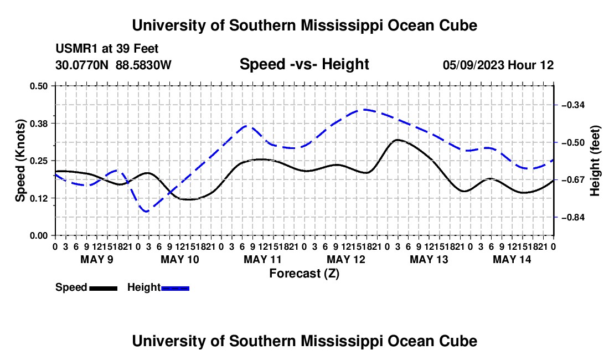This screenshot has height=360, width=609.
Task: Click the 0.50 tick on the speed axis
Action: click(38, 86)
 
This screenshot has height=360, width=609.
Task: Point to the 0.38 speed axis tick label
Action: click(38, 124)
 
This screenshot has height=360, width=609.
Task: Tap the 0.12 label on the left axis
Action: click(38, 198)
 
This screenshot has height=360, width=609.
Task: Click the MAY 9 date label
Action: click(97, 259)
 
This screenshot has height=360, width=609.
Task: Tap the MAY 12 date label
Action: click(346, 259)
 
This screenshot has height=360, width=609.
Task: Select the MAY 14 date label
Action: click(512, 259)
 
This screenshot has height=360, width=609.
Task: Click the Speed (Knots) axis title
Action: click(20, 161)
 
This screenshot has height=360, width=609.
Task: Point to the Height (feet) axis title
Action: click(595, 161)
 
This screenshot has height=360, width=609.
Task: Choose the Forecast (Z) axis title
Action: click(304, 274)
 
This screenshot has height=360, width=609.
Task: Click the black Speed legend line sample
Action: click(104, 288)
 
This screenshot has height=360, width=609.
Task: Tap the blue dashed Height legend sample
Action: click(175, 288)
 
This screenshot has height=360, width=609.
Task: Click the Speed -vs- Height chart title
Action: click(304, 64)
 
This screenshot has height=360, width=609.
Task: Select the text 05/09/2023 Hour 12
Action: click(498, 65)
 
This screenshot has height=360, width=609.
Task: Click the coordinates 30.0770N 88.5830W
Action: click(113, 65)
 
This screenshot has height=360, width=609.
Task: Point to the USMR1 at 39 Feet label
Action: click(107, 49)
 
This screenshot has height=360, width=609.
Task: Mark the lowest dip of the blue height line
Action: click(146, 211)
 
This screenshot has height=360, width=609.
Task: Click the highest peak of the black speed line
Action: click(397, 140)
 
